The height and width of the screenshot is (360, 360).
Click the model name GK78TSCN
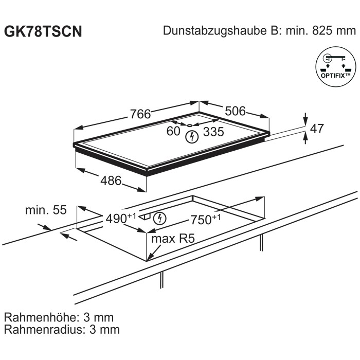43,31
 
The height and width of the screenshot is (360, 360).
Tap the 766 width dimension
140,114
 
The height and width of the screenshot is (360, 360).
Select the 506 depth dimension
235,111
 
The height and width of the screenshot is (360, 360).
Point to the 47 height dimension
317,129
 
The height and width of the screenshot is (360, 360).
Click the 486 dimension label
111,181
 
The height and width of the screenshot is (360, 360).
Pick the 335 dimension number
213,132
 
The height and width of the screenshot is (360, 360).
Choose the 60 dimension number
173,131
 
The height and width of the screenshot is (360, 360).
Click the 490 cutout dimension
121,219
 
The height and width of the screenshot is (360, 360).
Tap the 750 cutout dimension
206,220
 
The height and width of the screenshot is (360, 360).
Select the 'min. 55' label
46,210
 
